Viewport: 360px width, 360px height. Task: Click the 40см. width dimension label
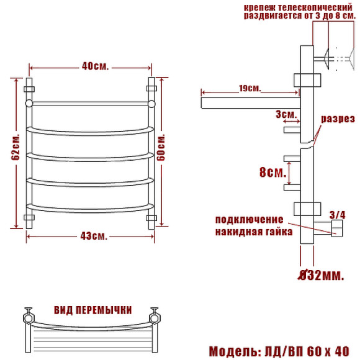95,66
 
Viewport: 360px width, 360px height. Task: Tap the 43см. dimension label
94,236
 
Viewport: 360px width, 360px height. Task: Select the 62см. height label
16,147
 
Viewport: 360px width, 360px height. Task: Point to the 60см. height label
161,147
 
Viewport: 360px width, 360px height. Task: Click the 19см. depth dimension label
250,88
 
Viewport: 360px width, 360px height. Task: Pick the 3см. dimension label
286,114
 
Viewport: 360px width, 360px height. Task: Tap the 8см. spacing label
273,172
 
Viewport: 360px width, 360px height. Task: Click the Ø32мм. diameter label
321,275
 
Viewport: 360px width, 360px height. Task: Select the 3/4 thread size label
337,215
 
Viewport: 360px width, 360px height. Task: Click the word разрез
338,119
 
